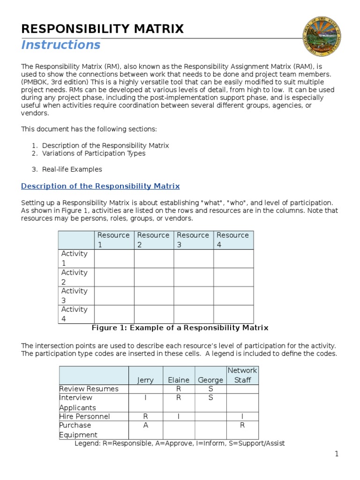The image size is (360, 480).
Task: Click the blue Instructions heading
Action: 61,45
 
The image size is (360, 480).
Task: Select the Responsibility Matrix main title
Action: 103,29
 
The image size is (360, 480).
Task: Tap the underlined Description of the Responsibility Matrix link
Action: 100,186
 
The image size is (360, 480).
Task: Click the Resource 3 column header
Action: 193,240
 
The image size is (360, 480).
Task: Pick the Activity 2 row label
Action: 75,277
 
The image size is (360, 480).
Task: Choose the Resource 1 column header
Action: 113,240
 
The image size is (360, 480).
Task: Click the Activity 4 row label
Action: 75,314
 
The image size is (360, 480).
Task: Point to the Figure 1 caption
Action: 180,328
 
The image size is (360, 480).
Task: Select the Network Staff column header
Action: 242,375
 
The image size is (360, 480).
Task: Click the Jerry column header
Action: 145,380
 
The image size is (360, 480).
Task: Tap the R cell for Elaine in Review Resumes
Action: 179,389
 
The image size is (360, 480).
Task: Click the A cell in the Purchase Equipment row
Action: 145,425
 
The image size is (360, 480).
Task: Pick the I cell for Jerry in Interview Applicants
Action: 145,397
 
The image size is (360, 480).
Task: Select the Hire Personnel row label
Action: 85,416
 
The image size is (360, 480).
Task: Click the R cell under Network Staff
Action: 242,425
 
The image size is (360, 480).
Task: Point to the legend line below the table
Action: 180,443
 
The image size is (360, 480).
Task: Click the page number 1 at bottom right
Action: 336,454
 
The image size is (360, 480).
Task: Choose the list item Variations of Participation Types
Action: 94,153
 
